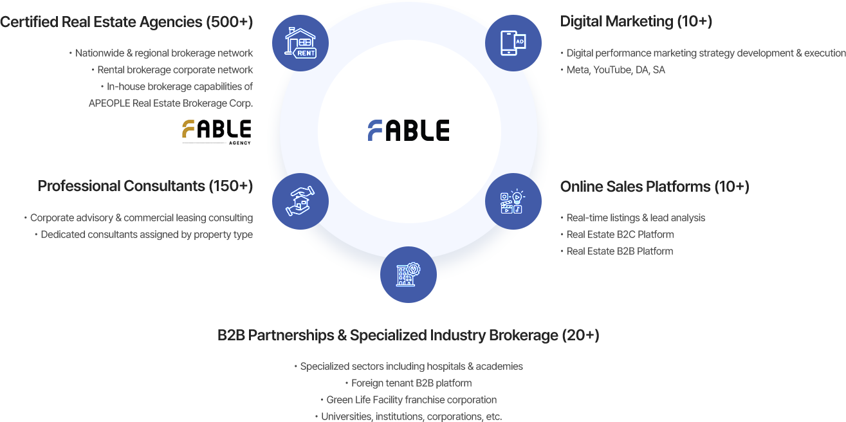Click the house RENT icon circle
pyautogui.click(x=300, y=43)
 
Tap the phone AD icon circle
pyautogui.click(x=513, y=43)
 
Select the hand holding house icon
pyautogui.click(x=300, y=201)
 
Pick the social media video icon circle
pyautogui.click(x=513, y=201)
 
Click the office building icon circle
pyautogui.click(x=409, y=275)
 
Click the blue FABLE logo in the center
pyautogui.click(x=409, y=130)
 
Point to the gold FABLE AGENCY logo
pyautogui.click(x=216, y=131)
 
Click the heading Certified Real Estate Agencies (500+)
pyautogui.click(x=127, y=22)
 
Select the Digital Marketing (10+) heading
pyautogui.click(x=636, y=21)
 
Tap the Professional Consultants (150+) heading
pyautogui.click(x=145, y=186)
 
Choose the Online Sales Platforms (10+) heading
pyautogui.click(x=654, y=187)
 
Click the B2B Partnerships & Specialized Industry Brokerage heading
pyautogui.click(x=409, y=335)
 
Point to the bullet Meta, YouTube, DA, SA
pyautogui.click(x=616, y=70)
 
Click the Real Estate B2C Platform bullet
pyautogui.click(x=620, y=235)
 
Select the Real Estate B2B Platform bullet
pyautogui.click(x=620, y=252)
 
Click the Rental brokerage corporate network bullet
pyautogui.click(x=175, y=70)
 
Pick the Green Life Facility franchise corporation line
pyautogui.click(x=412, y=399)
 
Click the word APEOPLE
pyautogui.click(x=109, y=104)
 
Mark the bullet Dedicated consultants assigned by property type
pyautogui.click(x=146, y=235)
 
